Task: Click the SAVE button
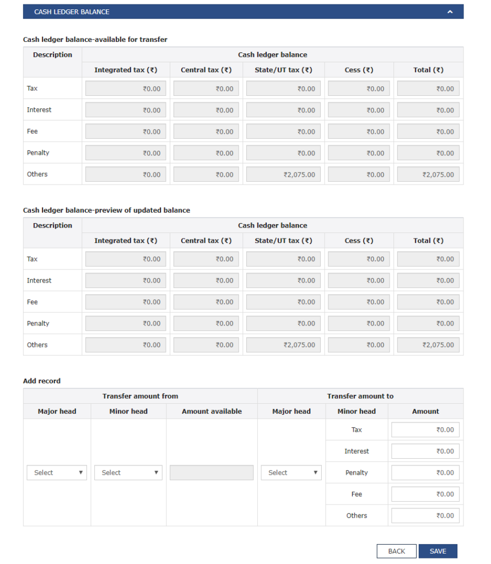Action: click(x=438, y=551)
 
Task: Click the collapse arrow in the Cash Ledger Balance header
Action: click(x=450, y=12)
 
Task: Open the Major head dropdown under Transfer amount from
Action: click(x=57, y=473)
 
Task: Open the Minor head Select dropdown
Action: click(x=128, y=473)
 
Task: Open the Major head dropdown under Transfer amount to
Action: click(x=291, y=473)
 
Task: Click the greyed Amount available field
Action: click(x=212, y=473)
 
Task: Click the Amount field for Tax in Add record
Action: click(x=425, y=430)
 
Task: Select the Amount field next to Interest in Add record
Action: click(x=425, y=451)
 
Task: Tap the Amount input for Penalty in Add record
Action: click(x=425, y=473)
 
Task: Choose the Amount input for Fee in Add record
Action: click(x=425, y=494)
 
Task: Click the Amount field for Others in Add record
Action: click(x=425, y=516)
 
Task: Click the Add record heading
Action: click(x=42, y=381)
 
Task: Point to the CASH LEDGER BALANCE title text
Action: click(x=72, y=12)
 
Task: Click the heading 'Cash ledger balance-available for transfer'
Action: click(x=95, y=40)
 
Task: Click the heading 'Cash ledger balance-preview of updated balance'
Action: click(x=106, y=210)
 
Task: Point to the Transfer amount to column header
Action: click(x=360, y=396)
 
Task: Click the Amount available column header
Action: click(x=212, y=411)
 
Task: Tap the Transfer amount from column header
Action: click(x=140, y=396)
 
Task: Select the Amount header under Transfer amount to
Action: click(x=425, y=411)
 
